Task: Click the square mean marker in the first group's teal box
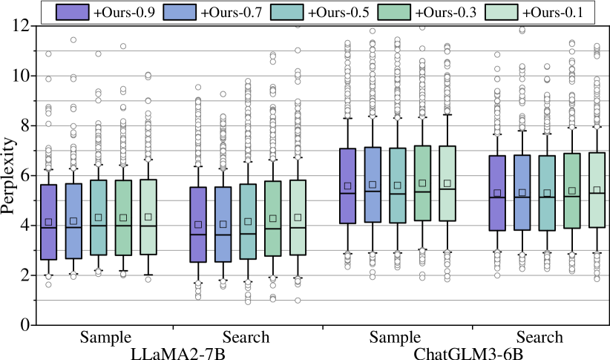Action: (99, 217)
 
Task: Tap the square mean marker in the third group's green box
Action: (422, 183)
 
